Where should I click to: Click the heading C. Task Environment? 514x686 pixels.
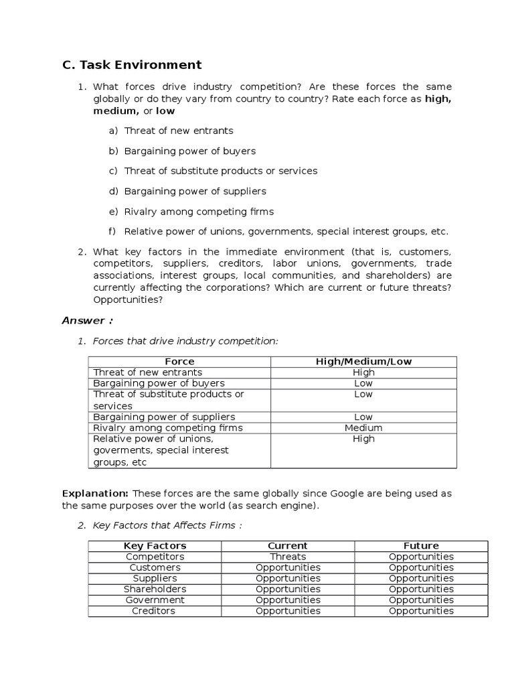pyautogui.click(x=131, y=65)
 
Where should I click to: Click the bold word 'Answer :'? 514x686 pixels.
pyautogui.click(x=88, y=320)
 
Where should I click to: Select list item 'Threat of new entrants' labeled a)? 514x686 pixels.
pyautogui.click(x=179, y=131)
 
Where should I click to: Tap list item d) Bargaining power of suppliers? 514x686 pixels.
pyautogui.click(x=195, y=191)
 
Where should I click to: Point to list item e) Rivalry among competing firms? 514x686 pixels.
pyautogui.click(x=199, y=212)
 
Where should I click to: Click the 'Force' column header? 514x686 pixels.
pyautogui.click(x=179, y=362)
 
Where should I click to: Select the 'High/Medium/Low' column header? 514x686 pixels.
pyautogui.click(x=363, y=362)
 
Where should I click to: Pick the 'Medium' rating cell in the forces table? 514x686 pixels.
pyautogui.click(x=363, y=428)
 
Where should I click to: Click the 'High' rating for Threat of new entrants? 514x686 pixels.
pyautogui.click(x=363, y=372)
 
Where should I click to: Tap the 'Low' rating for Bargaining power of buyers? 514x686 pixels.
pyautogui.click(x=363, y=383)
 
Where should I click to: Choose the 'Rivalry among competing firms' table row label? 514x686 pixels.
pyautogui.click(x=168, y=428)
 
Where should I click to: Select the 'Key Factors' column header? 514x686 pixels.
pyautogui.click(x=155, y=546)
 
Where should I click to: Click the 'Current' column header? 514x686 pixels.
pyautogui.click(x=288, y=546)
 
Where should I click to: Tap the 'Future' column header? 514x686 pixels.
pyautogui.click(x=421, y=546)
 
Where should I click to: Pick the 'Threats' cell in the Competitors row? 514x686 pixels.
pyautogui.click(x=288, y=557)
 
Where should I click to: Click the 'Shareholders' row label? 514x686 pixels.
pyautogui.click(x=155, y=590)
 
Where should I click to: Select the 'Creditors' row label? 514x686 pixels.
pyautogui.click(x=155, y=611)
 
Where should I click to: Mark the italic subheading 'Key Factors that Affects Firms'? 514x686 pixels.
pyautogui.click(x=163, y=526)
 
